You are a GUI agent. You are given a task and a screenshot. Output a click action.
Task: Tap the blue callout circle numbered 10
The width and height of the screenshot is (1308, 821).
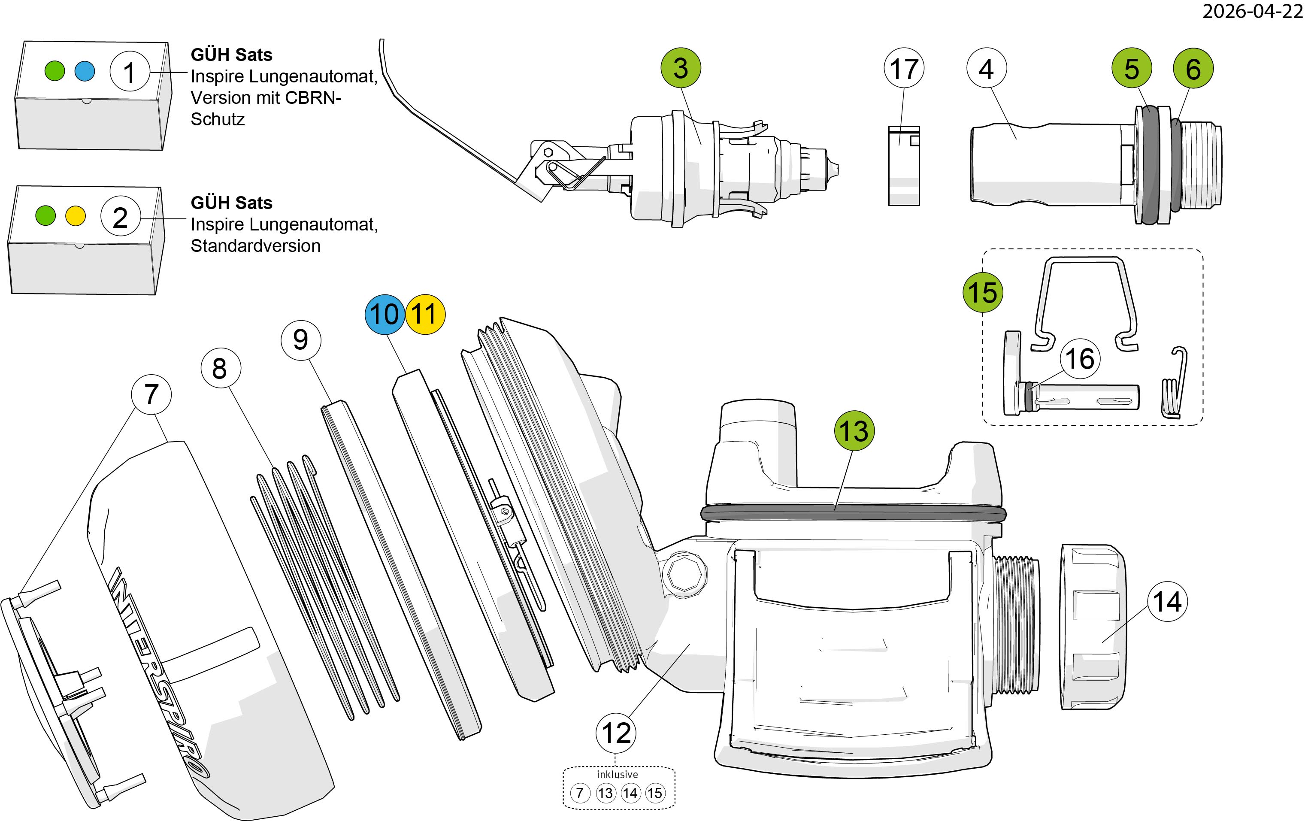[385, 314]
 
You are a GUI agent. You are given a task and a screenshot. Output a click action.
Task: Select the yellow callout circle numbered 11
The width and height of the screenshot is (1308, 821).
[425, 314]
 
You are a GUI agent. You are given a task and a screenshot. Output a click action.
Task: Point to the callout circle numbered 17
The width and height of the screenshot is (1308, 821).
[904, 68]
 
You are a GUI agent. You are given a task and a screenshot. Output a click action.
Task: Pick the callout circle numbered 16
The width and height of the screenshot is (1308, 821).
[1080, 359]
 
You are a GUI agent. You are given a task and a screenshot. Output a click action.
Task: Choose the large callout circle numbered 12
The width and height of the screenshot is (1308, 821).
[616, 733]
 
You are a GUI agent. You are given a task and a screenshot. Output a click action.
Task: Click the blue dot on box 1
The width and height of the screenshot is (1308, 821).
[85, 71]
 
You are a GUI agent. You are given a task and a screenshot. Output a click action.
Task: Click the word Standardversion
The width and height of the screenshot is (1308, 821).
[255, 246]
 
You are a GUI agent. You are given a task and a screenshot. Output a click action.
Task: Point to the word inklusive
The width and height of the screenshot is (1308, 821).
[618, 775]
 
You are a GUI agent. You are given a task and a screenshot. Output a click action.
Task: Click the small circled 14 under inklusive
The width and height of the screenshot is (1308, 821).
[630, 793]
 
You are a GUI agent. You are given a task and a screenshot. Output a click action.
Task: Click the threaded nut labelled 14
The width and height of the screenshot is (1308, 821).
[1091, 627]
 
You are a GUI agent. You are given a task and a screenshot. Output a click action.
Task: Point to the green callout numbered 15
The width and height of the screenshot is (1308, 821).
[983, 293]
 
